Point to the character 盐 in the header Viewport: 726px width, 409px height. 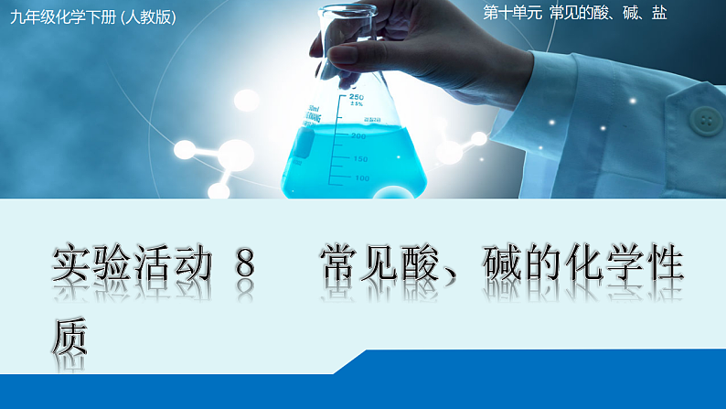tap(658, 15)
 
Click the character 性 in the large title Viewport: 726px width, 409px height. tap(663, 264)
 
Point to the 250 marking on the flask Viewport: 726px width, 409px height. tap(356, 96)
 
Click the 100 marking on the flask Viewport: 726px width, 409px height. tap(361, 178)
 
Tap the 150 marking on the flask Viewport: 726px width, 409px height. tap(360, 157)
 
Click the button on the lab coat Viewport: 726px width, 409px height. tap(705, 118)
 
